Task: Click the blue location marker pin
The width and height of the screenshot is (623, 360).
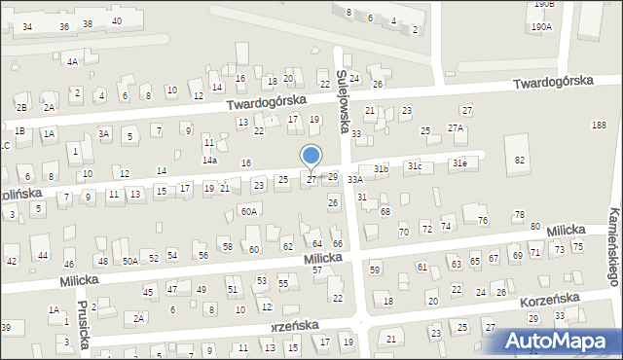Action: tap(311, 157)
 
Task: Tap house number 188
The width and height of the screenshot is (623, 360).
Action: tap(598, 124)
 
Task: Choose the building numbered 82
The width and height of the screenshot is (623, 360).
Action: tap(520, 159)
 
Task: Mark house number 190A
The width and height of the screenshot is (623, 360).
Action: tap(541, 27)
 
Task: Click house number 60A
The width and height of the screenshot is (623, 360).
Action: tap(249, 210)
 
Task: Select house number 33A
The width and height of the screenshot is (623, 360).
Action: tap(355, 179)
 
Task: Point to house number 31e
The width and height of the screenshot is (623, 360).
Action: tap(458, 164)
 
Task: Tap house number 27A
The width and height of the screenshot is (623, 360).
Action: tap(455, 128)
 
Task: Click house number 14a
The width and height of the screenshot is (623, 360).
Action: tap(209, 160)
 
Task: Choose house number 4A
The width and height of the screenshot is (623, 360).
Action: tap(72, 61)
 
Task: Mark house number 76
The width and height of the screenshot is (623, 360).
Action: tap(483, 220)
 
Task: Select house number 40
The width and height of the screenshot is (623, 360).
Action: tap(117, 20)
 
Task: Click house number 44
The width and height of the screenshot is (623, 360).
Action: tap(43, 255)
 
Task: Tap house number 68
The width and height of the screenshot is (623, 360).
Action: tap(385, 211)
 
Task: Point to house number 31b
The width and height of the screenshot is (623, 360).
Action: tap(382, 169)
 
